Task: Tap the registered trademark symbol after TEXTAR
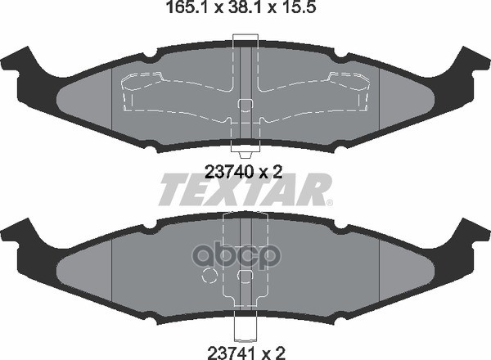point(330,203)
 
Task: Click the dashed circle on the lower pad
point(209,276)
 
